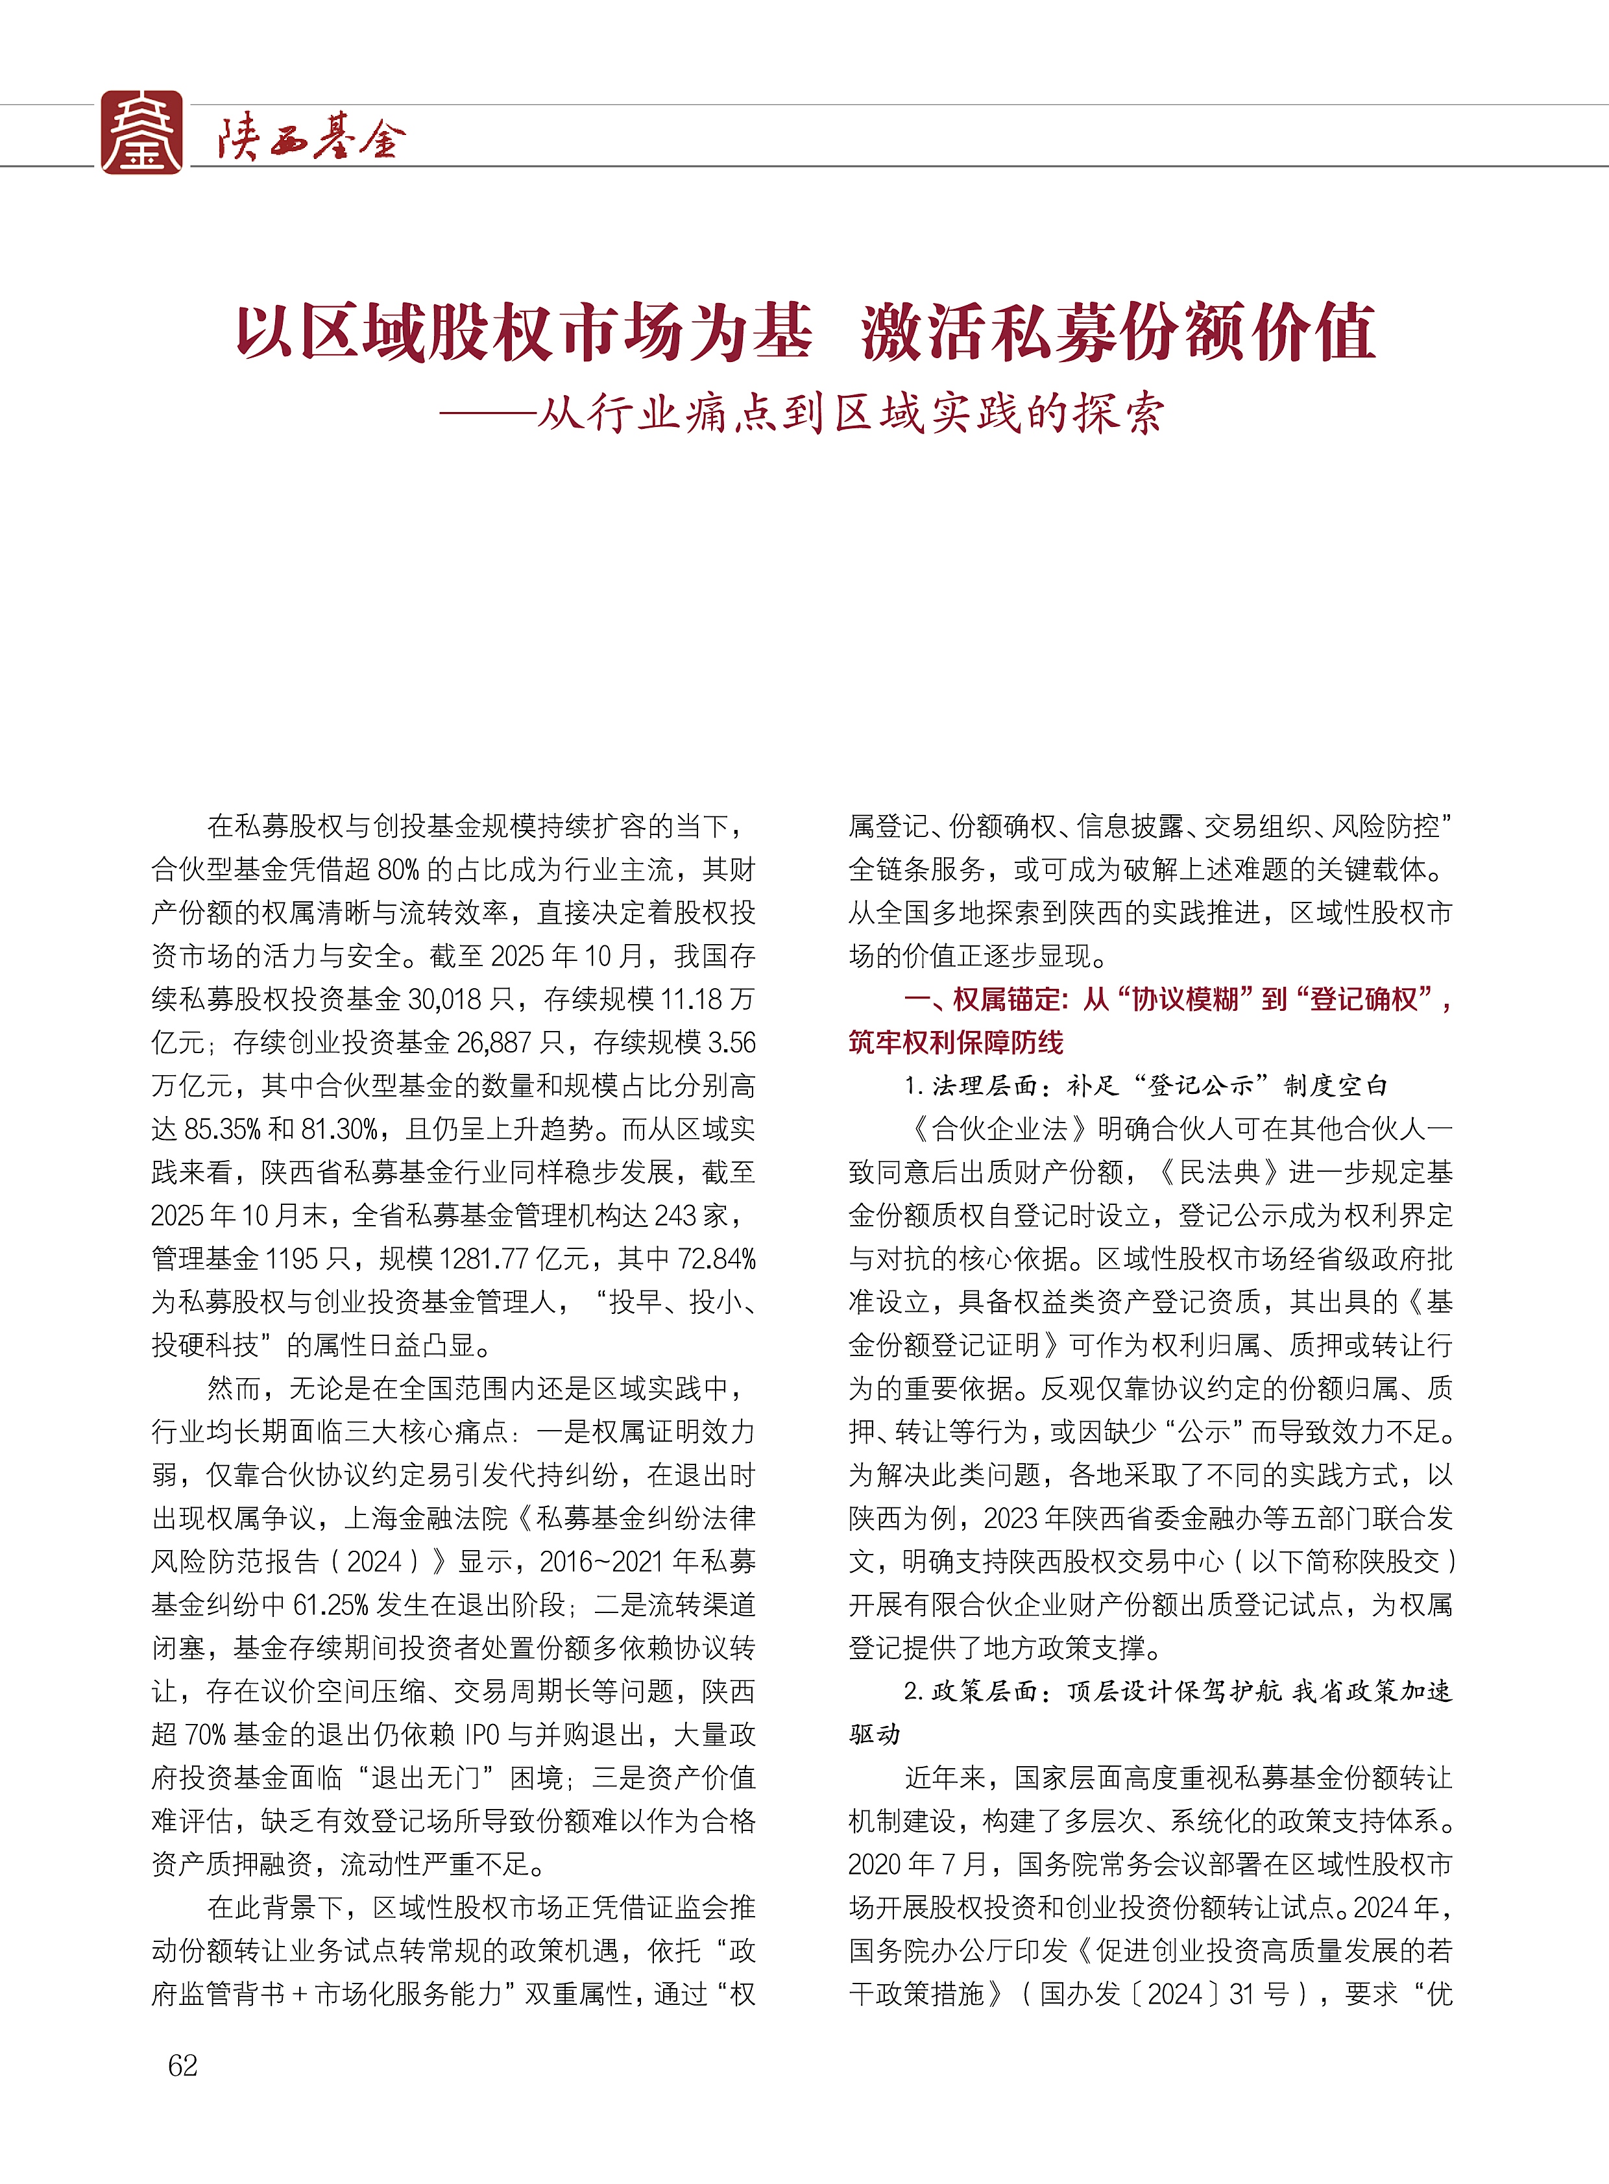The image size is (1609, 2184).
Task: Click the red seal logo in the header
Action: [x=142, y=132]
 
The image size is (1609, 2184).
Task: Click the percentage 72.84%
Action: [x=717, y=1259]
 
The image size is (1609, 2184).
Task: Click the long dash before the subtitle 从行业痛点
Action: [x=487, y=414]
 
